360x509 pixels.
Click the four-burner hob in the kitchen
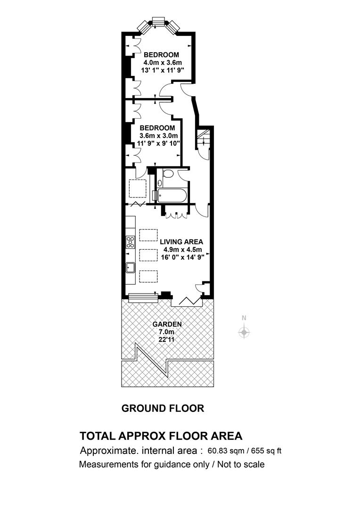pos(131,242)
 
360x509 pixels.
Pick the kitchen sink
pos(131,267)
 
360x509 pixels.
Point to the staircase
pos(203,138)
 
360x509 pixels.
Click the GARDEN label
pos(167,324)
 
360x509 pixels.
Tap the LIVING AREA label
pos(181,242)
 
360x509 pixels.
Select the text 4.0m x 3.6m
pos(163,62)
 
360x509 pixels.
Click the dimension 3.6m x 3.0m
pos(159,136)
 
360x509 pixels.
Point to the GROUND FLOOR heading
pos(163,408)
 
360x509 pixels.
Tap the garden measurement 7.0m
pos(166,332)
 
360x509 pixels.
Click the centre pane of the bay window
pos(159,21)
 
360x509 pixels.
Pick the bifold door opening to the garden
pos(187,301)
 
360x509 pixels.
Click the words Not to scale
pos(241,465)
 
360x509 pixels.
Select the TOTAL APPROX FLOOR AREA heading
pos(161,435)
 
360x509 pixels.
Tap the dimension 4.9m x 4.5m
pos(182,250)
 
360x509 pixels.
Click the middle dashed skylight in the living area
pos(148,255)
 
